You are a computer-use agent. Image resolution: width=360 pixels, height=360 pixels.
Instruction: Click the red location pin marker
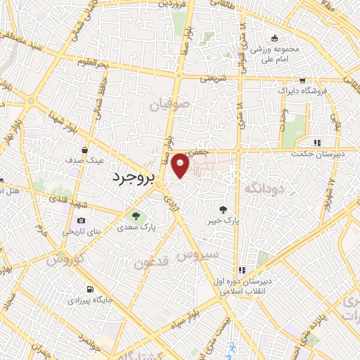181,165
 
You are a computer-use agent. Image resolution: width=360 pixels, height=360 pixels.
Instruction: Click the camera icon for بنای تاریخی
81,221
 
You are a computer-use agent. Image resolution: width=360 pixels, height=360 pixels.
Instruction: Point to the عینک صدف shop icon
84,149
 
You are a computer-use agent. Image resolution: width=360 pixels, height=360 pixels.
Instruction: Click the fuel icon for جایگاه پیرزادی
89,289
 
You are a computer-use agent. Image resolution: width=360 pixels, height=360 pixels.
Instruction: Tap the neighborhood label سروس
199,254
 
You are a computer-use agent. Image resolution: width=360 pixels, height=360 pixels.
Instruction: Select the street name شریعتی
213,79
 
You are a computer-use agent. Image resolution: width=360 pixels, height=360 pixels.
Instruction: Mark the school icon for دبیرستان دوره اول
243,270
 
